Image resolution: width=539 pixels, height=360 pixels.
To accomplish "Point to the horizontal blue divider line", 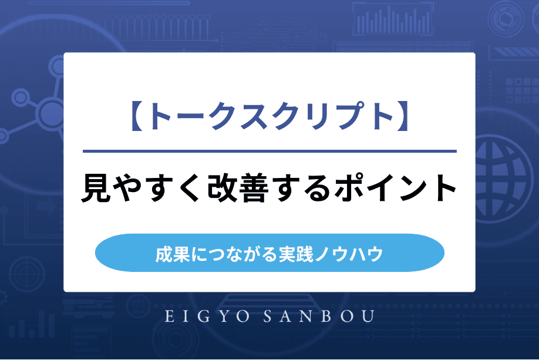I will [x=269, y=151].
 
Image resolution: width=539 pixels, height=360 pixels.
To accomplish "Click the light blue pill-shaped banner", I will [x=269, y=253].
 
